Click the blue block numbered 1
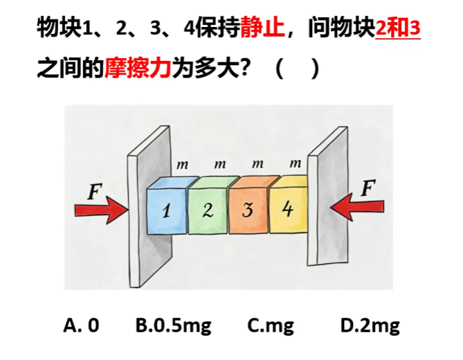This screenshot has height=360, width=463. pyautogui.click(x=167, y=207)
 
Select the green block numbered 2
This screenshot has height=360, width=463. pyautogui.click(x=208, y=207)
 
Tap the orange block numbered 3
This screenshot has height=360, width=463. pyautogui.click(x=248, y=206)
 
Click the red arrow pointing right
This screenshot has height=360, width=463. pyautogui.click(x=102, y=210)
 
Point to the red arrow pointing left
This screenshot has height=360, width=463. pyautogui.click(x=357, y=206)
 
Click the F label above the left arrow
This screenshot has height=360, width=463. pyautogui.click(x=95, y=192)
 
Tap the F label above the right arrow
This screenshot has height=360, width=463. pyautogui.click(x=368, y=188)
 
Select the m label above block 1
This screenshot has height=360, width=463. pyautogui.click(x=182, y=165)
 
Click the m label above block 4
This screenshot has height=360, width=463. pyautogui.click(x=296, y=163)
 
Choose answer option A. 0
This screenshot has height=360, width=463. pyautogui.click(x=81, y=325)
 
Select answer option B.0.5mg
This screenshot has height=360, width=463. pyautogui.click(x=173, y=326)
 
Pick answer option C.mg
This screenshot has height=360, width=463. pyautogui.click(x=271, y=326)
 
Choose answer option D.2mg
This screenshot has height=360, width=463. pyautogui.click(x=370, y=326)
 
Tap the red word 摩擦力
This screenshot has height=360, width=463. pyautogui.click(x=138, y=68)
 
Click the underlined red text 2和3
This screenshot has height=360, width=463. pyautogui.click(x=398, y=28)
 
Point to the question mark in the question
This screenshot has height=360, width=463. pyautogui.click(x=244, y=68)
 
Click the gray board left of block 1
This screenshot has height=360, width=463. pyautogui.click(x=149, y=206)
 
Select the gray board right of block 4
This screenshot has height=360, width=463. pyautogui.click(x=327, y=196)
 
